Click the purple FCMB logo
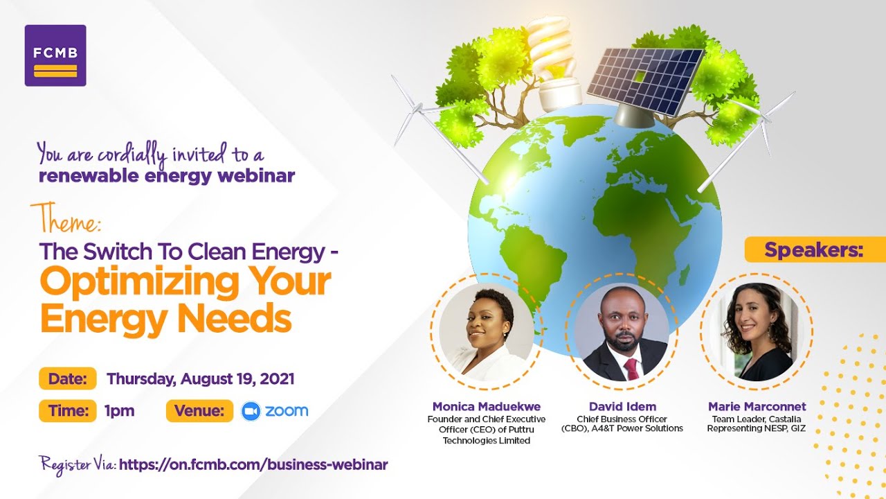click(x=55, y=55)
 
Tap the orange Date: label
click(x=67, y=379)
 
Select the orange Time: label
click(x=67, y=410)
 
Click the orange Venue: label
click(x=199, y=410)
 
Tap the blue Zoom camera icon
click(x=250, y=411)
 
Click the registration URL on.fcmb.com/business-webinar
click(x=253, y=464)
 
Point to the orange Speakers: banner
click(x=814, y=249)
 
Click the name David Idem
click(x=622, y=407)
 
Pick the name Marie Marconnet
click(x=757, y=407)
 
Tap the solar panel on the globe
click(x=644, y=80)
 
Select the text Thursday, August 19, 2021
click(x=201, y=379)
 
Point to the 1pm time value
click(x=119, y=410)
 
